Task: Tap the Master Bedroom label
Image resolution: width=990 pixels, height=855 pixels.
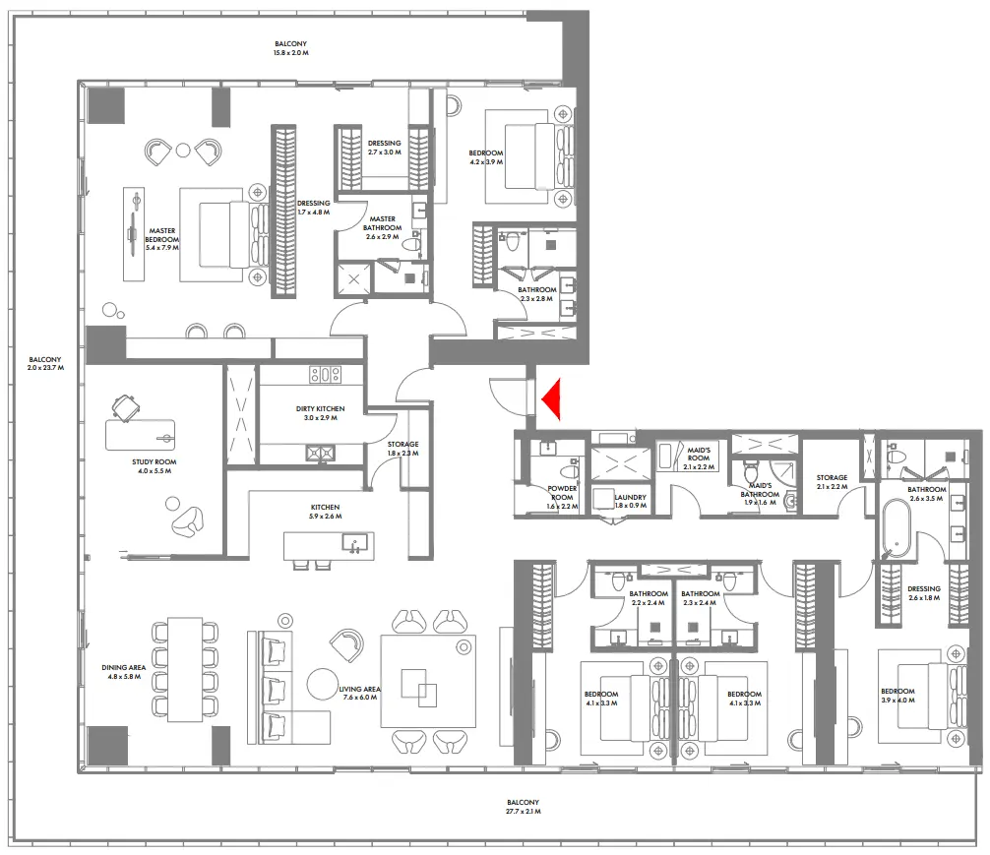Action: point(162,235)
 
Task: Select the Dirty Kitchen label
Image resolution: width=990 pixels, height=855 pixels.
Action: point(321,412)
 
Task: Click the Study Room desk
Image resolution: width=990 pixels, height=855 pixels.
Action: point(141,432)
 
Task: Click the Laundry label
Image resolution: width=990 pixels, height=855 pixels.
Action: point(630,502)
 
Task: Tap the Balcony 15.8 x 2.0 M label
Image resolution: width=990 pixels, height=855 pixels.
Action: point(291,48)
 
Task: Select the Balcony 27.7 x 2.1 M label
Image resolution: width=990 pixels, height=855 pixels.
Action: point(525,807)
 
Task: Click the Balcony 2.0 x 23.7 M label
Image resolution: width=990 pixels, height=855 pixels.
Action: point(46,364)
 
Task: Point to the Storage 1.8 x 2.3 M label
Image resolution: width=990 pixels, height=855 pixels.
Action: point(402,449)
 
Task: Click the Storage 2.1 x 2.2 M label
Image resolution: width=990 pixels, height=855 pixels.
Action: point(832,482)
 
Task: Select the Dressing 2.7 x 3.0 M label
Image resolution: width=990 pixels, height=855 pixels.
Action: point(385,148)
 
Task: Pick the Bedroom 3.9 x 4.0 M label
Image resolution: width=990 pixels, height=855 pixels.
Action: point(897,696)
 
